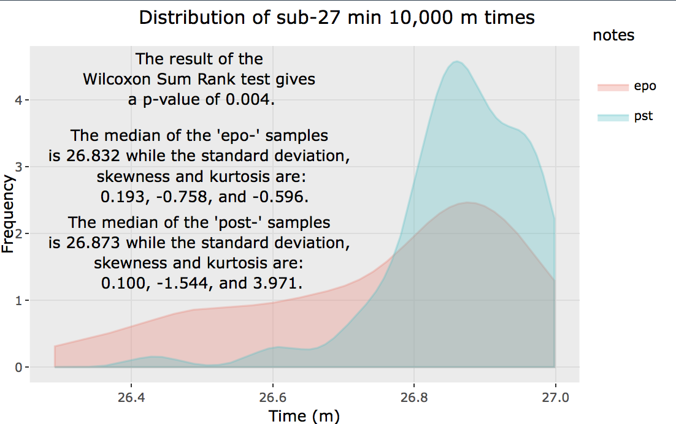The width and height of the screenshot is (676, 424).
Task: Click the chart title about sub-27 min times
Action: [337, 18]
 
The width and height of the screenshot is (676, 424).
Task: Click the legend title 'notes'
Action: [613, 36]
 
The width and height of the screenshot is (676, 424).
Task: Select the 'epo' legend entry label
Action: [645, 86]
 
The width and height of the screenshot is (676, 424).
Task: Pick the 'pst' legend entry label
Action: [644, 116]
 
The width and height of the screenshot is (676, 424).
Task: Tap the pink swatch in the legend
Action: [613, 87]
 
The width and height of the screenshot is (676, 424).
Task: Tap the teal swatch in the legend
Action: [613, 117]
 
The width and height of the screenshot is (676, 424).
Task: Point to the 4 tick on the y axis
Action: [20, 100]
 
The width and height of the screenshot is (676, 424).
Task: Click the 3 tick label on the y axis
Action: [20, 167]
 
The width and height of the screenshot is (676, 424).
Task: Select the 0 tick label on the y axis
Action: [20, 368]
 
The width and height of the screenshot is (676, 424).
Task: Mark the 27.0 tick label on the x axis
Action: [556, 397]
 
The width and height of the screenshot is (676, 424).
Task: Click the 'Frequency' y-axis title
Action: [8, 214]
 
